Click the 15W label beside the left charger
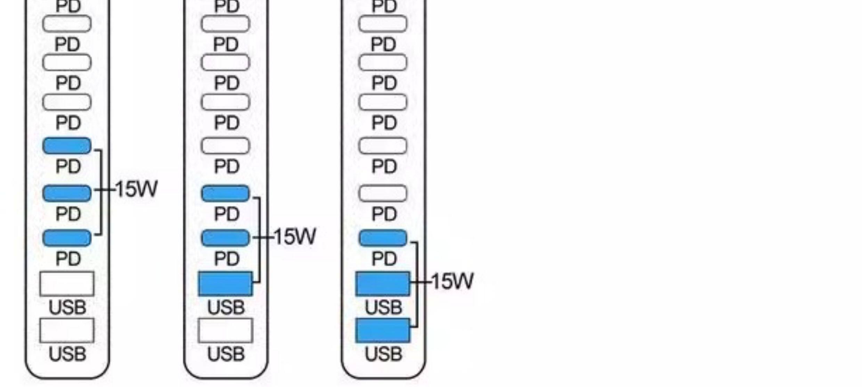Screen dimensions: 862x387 (x=136, y=189)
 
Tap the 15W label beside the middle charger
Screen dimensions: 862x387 (x=295, y=237)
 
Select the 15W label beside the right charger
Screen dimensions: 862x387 (x=452, y=281)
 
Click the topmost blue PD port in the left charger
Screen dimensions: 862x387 (x=67, y=145)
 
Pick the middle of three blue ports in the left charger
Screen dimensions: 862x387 (x=67, y=193)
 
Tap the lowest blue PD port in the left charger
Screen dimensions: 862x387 (x=67, y=238)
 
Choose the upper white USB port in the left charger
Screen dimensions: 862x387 (x=67, y=284)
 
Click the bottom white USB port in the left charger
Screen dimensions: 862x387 (x=67, y=330)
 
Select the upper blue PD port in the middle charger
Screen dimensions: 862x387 (x=226, y=193)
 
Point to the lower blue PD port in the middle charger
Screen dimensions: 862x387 (x=226, y=238)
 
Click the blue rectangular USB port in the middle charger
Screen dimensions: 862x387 (x=226, y=284)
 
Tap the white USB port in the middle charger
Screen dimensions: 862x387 (x=226, y=330)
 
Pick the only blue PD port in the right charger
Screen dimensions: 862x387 (x=383, y=238)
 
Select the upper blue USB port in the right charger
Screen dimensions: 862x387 (x=383, y=284)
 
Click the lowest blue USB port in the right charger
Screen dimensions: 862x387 (x=383, y=330)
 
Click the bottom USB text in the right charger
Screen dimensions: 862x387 (x=383, y=354)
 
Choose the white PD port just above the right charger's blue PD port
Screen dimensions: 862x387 (x=383, y=193)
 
